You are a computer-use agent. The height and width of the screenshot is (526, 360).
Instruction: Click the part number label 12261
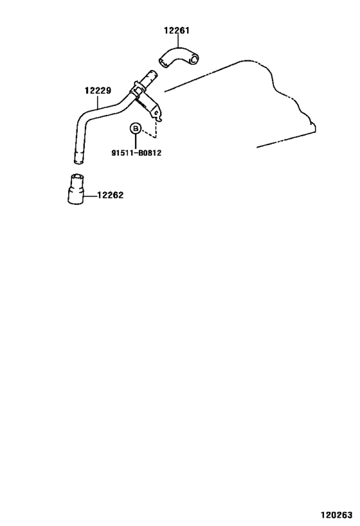[177, 31]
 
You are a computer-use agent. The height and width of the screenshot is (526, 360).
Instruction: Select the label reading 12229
[98, 91]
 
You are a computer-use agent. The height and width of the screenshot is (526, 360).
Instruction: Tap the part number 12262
[111, 195]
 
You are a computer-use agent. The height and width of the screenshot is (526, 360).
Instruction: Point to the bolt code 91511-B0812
[136, 153]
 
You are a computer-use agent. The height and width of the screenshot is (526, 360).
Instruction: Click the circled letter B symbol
[136, 128]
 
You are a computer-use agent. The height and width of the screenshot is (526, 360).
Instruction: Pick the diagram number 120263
[336, 514]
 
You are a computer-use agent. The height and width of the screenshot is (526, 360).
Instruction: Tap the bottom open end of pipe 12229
[78, 162]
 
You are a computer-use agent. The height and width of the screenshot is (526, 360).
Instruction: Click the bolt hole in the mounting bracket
[156, 113]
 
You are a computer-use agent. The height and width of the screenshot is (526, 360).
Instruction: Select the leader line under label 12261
[177, 42]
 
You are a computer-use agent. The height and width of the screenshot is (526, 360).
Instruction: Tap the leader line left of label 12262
[91, 195]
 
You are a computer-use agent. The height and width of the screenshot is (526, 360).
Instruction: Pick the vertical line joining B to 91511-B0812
[136, 141]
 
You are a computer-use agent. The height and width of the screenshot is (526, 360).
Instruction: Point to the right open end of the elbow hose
[194, 59]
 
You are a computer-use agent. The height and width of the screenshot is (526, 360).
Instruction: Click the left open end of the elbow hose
[163, 63]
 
